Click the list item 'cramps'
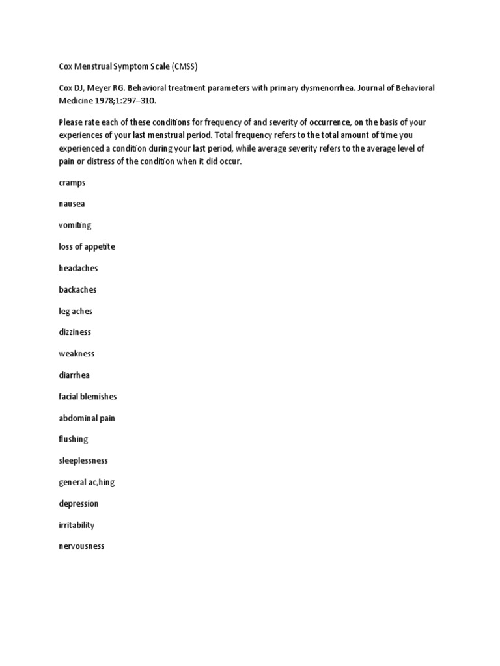pyautogui.click(x=72, y=183)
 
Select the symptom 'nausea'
pyautogui.click(x=72, y=204)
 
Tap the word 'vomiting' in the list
pyautogui.click(x=75, y=225)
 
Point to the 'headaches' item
pyautogui.click(x=78, y=268)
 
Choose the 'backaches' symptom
pyautogui.click(x=77, y=289)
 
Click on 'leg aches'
pyautogui.click(x=76, y=311)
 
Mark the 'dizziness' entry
pyautogui.click(x=75, y=332)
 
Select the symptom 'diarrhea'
pyautogui.click(x=74, y=375)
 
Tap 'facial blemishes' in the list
pyautogui.click(x=88, y=396)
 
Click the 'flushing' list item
pyautogui.click(x=73, y=439)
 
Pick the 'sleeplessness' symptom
pyautogui.click(x=83, y=460)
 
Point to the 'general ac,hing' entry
pyautogui.click(x=87, y=482)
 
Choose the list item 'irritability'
pyautogui.click(x=76, y=525)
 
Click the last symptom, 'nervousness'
pyautogui.click(x=81, y=546)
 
